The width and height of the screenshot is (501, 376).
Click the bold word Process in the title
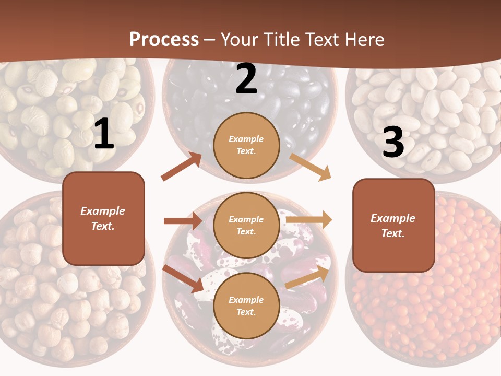(x=164, y=40)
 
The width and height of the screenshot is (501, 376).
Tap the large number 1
(x=104, y=134)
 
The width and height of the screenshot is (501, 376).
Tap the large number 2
(x=246, y=79)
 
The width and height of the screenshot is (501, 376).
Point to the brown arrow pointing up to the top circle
(x=182, y=167)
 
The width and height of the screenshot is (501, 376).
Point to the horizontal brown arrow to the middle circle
(x=183, y=221)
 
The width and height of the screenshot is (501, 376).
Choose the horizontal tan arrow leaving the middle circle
(x=309, y=220)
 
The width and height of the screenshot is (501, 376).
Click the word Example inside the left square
(x=103, y=211)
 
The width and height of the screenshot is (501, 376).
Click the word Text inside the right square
(x=392, y=233)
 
